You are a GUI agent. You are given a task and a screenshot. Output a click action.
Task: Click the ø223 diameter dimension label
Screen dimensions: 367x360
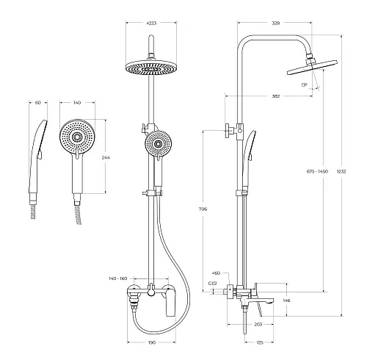pos(151,24)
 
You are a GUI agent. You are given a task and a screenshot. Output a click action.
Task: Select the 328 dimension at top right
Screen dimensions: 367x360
pos(276,24)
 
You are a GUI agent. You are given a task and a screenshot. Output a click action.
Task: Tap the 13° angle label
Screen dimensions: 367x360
pos(304,85)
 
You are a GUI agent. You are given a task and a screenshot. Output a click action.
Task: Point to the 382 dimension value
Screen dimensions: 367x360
pos(276,96)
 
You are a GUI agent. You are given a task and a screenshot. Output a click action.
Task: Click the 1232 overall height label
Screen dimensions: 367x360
pos(341,171)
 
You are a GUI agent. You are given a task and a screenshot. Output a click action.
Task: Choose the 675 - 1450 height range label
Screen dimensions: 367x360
pos(317,171)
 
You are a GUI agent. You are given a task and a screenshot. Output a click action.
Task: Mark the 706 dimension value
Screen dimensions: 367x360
pos(203,209)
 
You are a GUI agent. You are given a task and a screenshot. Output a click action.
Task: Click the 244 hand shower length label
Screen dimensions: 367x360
pos(106,157)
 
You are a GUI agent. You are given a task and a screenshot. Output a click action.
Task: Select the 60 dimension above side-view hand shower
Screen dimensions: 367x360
pos(38,103)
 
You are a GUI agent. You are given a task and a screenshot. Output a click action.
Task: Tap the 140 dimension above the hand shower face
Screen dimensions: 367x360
pos(77,103)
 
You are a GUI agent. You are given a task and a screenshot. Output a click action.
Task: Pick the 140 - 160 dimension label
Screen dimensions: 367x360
pos(118,278)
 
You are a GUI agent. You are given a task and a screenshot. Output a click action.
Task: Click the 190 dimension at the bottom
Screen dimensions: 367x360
pos(152,342)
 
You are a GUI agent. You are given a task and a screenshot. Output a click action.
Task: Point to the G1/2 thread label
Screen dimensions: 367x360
pos(213,284)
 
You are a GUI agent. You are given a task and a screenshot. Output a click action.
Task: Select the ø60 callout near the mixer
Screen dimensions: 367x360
pos(217,273)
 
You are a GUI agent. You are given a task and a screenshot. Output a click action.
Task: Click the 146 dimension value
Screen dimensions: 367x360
pos(286,300)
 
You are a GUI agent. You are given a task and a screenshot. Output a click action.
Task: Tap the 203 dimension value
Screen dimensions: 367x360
pos(258,324)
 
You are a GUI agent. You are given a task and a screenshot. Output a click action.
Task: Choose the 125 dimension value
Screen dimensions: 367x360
pos(260,342)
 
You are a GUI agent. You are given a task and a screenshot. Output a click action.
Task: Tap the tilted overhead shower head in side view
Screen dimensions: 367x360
pos(312,67)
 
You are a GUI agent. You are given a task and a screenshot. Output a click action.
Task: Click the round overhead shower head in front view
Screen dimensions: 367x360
pos(151,68)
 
